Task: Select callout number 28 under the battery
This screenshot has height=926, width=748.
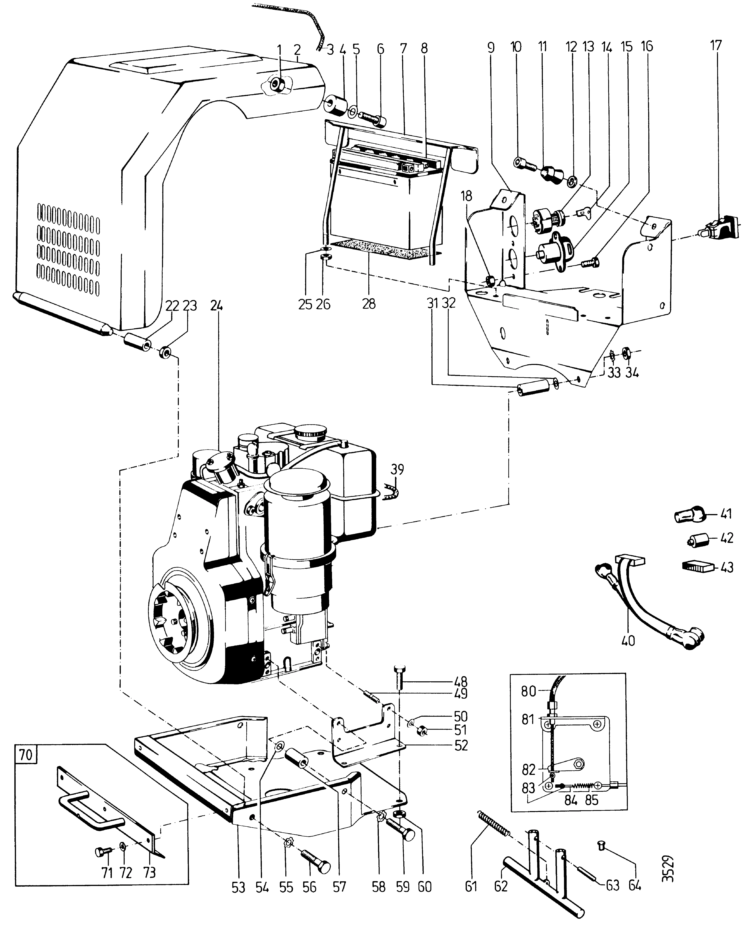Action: click(x=369, y=304)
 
